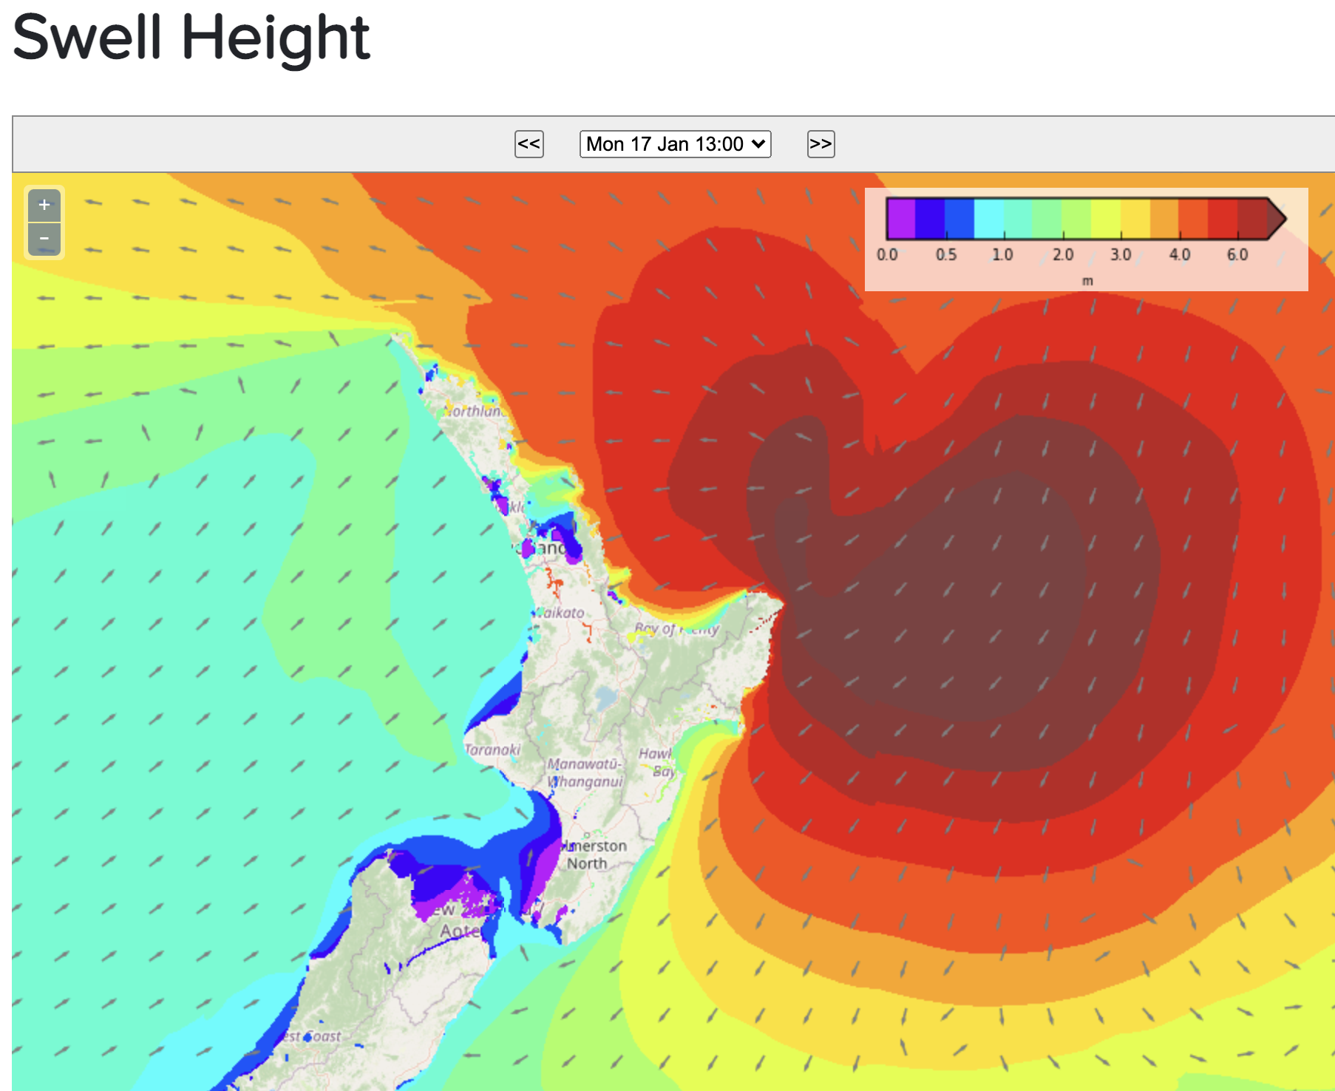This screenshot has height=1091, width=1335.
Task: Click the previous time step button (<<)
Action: tap(529, 144)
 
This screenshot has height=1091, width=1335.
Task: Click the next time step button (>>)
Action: tap(821, 144)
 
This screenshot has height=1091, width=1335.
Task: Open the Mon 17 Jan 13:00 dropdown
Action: tap(675, 144)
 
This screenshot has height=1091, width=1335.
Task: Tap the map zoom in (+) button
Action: tap(44, 205)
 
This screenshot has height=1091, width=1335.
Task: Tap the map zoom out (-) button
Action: tap(44, 239)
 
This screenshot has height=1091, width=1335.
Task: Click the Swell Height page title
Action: tap(191, 38)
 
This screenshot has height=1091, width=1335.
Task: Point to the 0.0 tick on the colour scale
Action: tap(887, 255)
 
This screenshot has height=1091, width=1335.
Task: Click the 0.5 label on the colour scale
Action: tap(945, 255)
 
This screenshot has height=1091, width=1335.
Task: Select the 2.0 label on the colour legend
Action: tap(1063, 255)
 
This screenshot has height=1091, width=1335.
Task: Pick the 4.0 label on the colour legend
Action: tap(1180, 255)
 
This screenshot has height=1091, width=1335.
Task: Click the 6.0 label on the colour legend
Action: tap(1237, 255)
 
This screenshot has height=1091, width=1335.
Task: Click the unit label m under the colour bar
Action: tap(1087, 281)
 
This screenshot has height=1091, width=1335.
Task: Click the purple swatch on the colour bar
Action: tap(901, 218)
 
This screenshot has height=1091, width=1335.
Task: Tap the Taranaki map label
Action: tap(493, 750)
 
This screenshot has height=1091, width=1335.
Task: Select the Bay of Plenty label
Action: tap(676, 629)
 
